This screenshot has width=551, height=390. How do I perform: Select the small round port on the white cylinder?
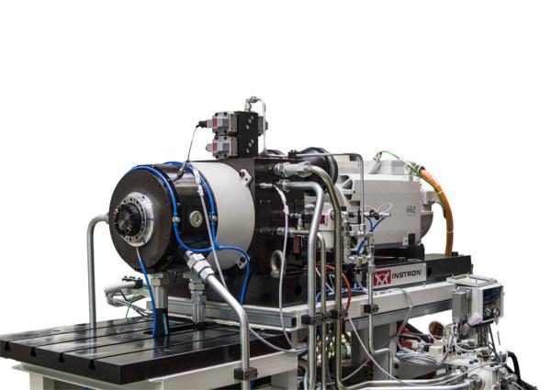coord(195,218)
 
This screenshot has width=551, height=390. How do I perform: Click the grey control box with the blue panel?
coord(478,298)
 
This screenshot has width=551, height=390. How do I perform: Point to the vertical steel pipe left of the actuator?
coord(92,266)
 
